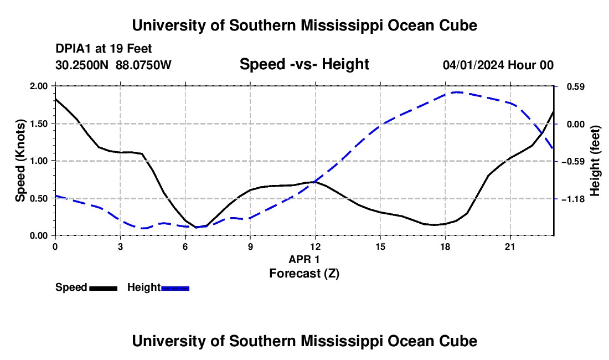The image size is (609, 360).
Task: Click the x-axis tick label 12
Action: (x=315, y=246)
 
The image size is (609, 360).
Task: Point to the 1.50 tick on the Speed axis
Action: (x=38, y=124)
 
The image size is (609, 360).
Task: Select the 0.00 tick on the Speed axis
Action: (x=38, y=236)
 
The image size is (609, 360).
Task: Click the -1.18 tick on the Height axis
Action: (x=574, y=199)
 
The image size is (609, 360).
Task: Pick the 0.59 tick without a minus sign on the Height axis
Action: (x=576, y=86)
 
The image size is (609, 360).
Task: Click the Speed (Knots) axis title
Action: (x=20, y=161)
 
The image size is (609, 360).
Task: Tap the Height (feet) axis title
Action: (x=595, y=161)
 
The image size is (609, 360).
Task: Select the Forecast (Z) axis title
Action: (x=304, y=274)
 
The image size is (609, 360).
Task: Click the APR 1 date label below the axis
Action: (x=304, y=259)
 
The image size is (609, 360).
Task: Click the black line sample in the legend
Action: (x=104, y=288)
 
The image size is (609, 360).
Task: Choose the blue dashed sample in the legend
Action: (x=175, y=288)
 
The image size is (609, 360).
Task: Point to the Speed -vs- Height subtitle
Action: (x=304, y=64)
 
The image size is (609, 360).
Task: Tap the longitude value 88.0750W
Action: (x=143, y=65)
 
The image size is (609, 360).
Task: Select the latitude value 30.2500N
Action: (x=82, y=65)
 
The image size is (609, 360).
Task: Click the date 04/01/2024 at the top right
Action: (x=473, y=65)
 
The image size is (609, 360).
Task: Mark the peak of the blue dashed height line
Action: (x=457, y=92)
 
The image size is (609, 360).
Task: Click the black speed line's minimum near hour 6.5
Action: (x=196, y=227)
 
